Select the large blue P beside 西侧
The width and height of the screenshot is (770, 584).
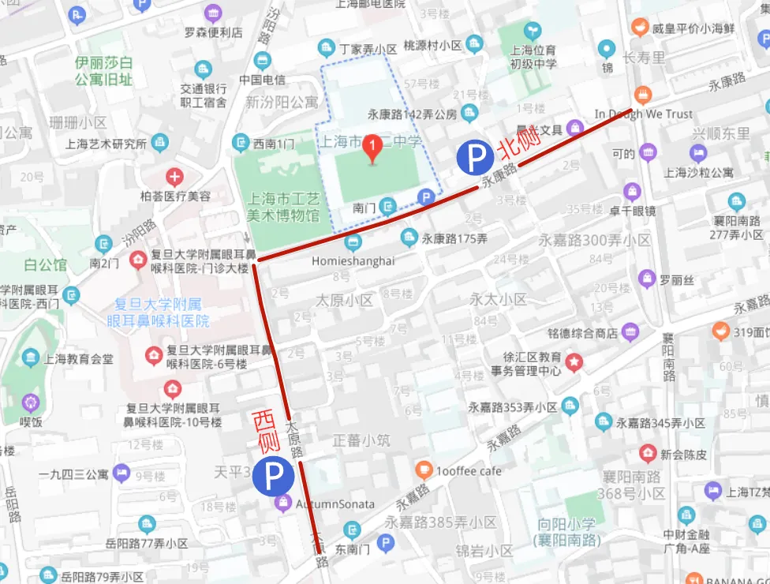pyautogui.click(x=274, y=476)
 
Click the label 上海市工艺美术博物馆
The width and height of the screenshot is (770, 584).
pyautogui.click(x=284, y=207)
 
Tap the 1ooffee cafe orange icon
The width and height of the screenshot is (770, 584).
pyautogui.click(x=424, y=471)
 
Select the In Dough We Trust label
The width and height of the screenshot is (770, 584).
pyautogui.click(x=644, y=114)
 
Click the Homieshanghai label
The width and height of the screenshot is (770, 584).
pyautogui.click(x=353, y=261)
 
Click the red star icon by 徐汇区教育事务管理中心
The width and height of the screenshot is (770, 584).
pyautogui.click(x=574, y=362)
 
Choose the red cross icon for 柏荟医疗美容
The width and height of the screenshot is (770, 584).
pyautogui.click(x=174, y=176)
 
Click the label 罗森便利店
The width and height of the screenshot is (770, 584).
pyautogui.click(x=213, y=32)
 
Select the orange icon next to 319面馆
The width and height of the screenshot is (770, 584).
pyautogui.click(x=720, y=331)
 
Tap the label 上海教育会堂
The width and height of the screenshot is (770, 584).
pyautogui.click(x=78, y=358)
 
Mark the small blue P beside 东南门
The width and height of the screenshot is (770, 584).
pyautogui.click(x=386, y=543)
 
